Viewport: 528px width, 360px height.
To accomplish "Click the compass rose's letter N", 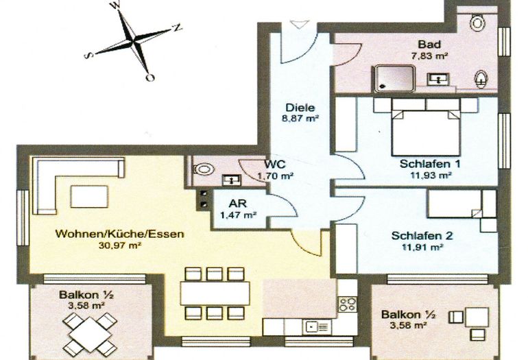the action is coord(177,27).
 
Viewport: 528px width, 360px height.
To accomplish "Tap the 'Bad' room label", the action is coord(429,44).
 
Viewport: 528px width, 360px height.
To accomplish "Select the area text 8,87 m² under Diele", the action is coord(302,118).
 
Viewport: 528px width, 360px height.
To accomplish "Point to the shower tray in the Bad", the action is coord(393,77).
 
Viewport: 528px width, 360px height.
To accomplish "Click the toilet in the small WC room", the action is coord(204,168).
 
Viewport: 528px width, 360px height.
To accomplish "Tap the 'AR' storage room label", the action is coord(238,204).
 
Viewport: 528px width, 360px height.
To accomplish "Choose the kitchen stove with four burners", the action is coord(348,303).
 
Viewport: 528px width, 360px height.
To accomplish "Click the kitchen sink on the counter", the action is coord(317,326).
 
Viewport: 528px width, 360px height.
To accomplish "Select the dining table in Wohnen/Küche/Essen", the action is coord(215,293).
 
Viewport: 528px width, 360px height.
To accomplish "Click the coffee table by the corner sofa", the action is coord(90,196).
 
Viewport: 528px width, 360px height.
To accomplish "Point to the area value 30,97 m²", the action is coord(120,245).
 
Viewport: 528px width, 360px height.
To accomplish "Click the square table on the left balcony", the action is coord(91,333).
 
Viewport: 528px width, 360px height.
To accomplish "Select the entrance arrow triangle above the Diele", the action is coord(299,24).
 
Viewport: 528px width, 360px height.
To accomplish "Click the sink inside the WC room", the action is coord(231,180).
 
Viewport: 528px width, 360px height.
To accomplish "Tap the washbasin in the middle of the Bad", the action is coord(438,79).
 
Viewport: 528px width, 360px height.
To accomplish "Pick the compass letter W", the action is coord(115,6).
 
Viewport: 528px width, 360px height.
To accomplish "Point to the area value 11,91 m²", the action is coord(422,247).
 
